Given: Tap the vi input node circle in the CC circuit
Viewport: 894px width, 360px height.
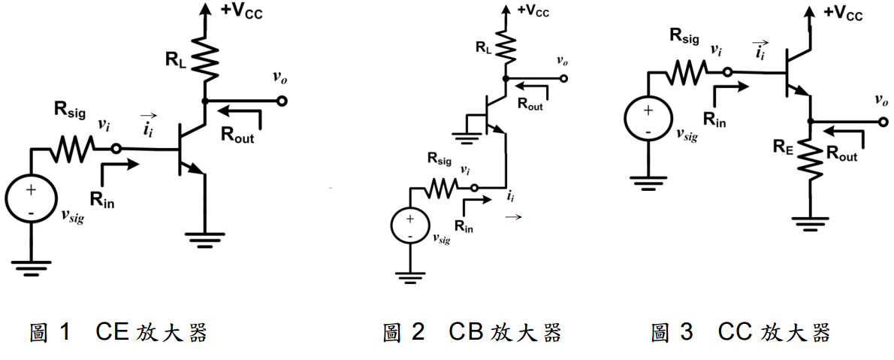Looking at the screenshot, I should pos(727,72).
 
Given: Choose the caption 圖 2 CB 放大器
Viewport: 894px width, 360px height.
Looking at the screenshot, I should pos(472,332).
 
